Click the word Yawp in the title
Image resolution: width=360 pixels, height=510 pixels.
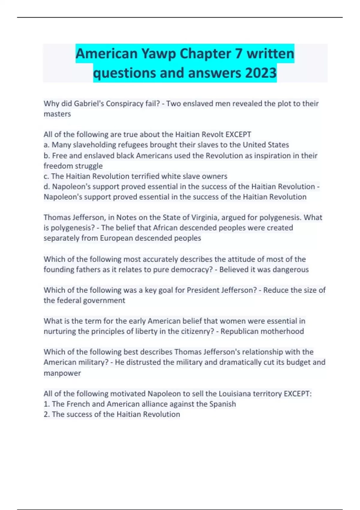[x=158, y=54]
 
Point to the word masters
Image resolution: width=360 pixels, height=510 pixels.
[x=57, y=114]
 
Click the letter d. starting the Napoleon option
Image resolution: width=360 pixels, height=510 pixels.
[x=47, y=187]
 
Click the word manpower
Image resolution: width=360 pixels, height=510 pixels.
[x=62, y=373]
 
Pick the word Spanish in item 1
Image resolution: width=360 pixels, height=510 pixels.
[x=223, y=404]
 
